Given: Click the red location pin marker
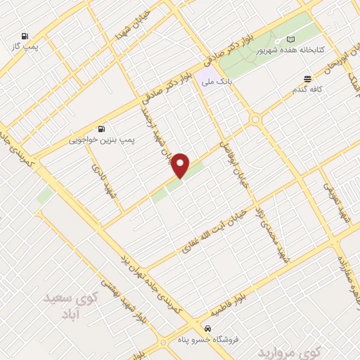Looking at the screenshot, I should (x=181, y=165).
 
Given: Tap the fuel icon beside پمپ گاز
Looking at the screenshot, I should (x=25, y=37).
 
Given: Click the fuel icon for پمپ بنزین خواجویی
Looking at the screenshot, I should (x=103, y=129).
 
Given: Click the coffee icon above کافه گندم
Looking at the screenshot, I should (x=307, y=79).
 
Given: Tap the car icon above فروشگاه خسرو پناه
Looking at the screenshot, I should (x=207, y=328).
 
